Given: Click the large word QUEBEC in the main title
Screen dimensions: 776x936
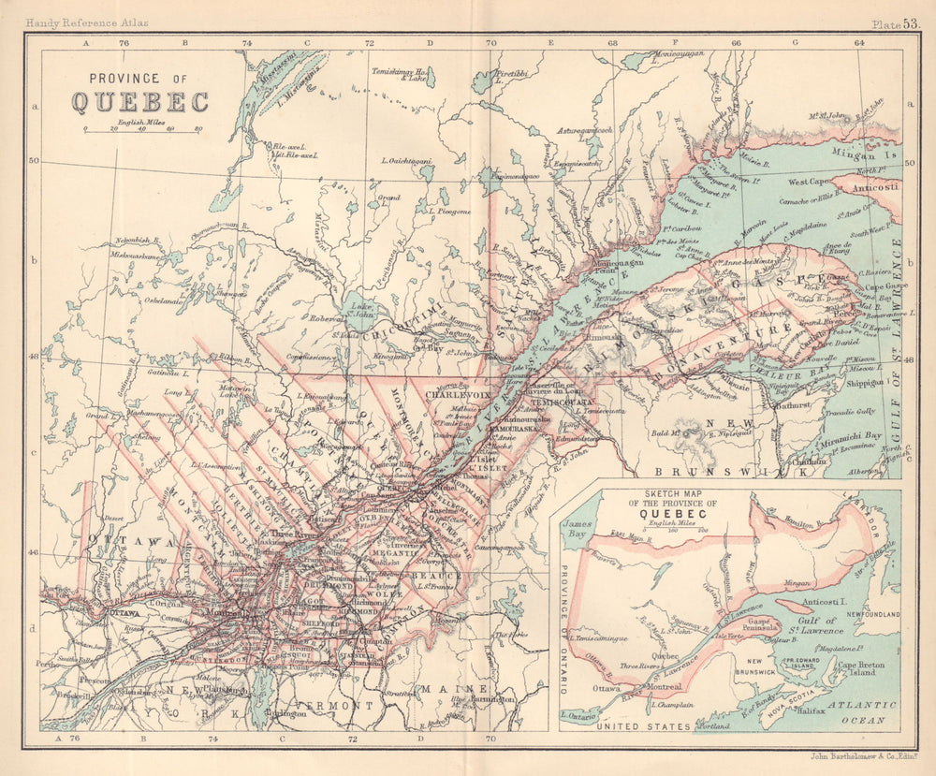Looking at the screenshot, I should tap(139, 102).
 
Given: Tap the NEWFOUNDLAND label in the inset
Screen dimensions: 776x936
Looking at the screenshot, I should tap(869, 613).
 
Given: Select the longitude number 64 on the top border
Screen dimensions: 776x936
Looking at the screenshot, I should tap(858, 42).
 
